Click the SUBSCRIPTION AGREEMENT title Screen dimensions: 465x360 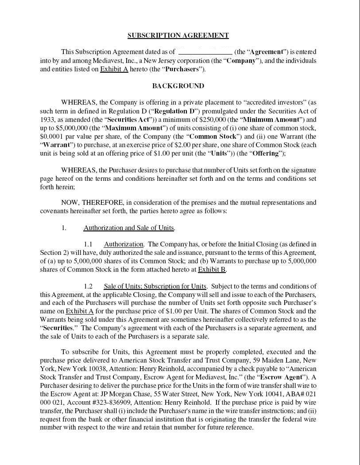[x=178, y=35]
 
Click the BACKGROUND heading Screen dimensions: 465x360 [x=178, y=86]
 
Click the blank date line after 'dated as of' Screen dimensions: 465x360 [x=205, y=52]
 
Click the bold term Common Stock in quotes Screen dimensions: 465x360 [x=213, y=137]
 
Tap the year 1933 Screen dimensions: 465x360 [x=47, y=119]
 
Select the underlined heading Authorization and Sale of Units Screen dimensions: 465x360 [x=129, y=228]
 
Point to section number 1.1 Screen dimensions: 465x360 [x=88, y=244]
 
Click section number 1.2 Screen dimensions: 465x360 [x=88, y=286]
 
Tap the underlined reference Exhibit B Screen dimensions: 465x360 [x=212, y=270]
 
